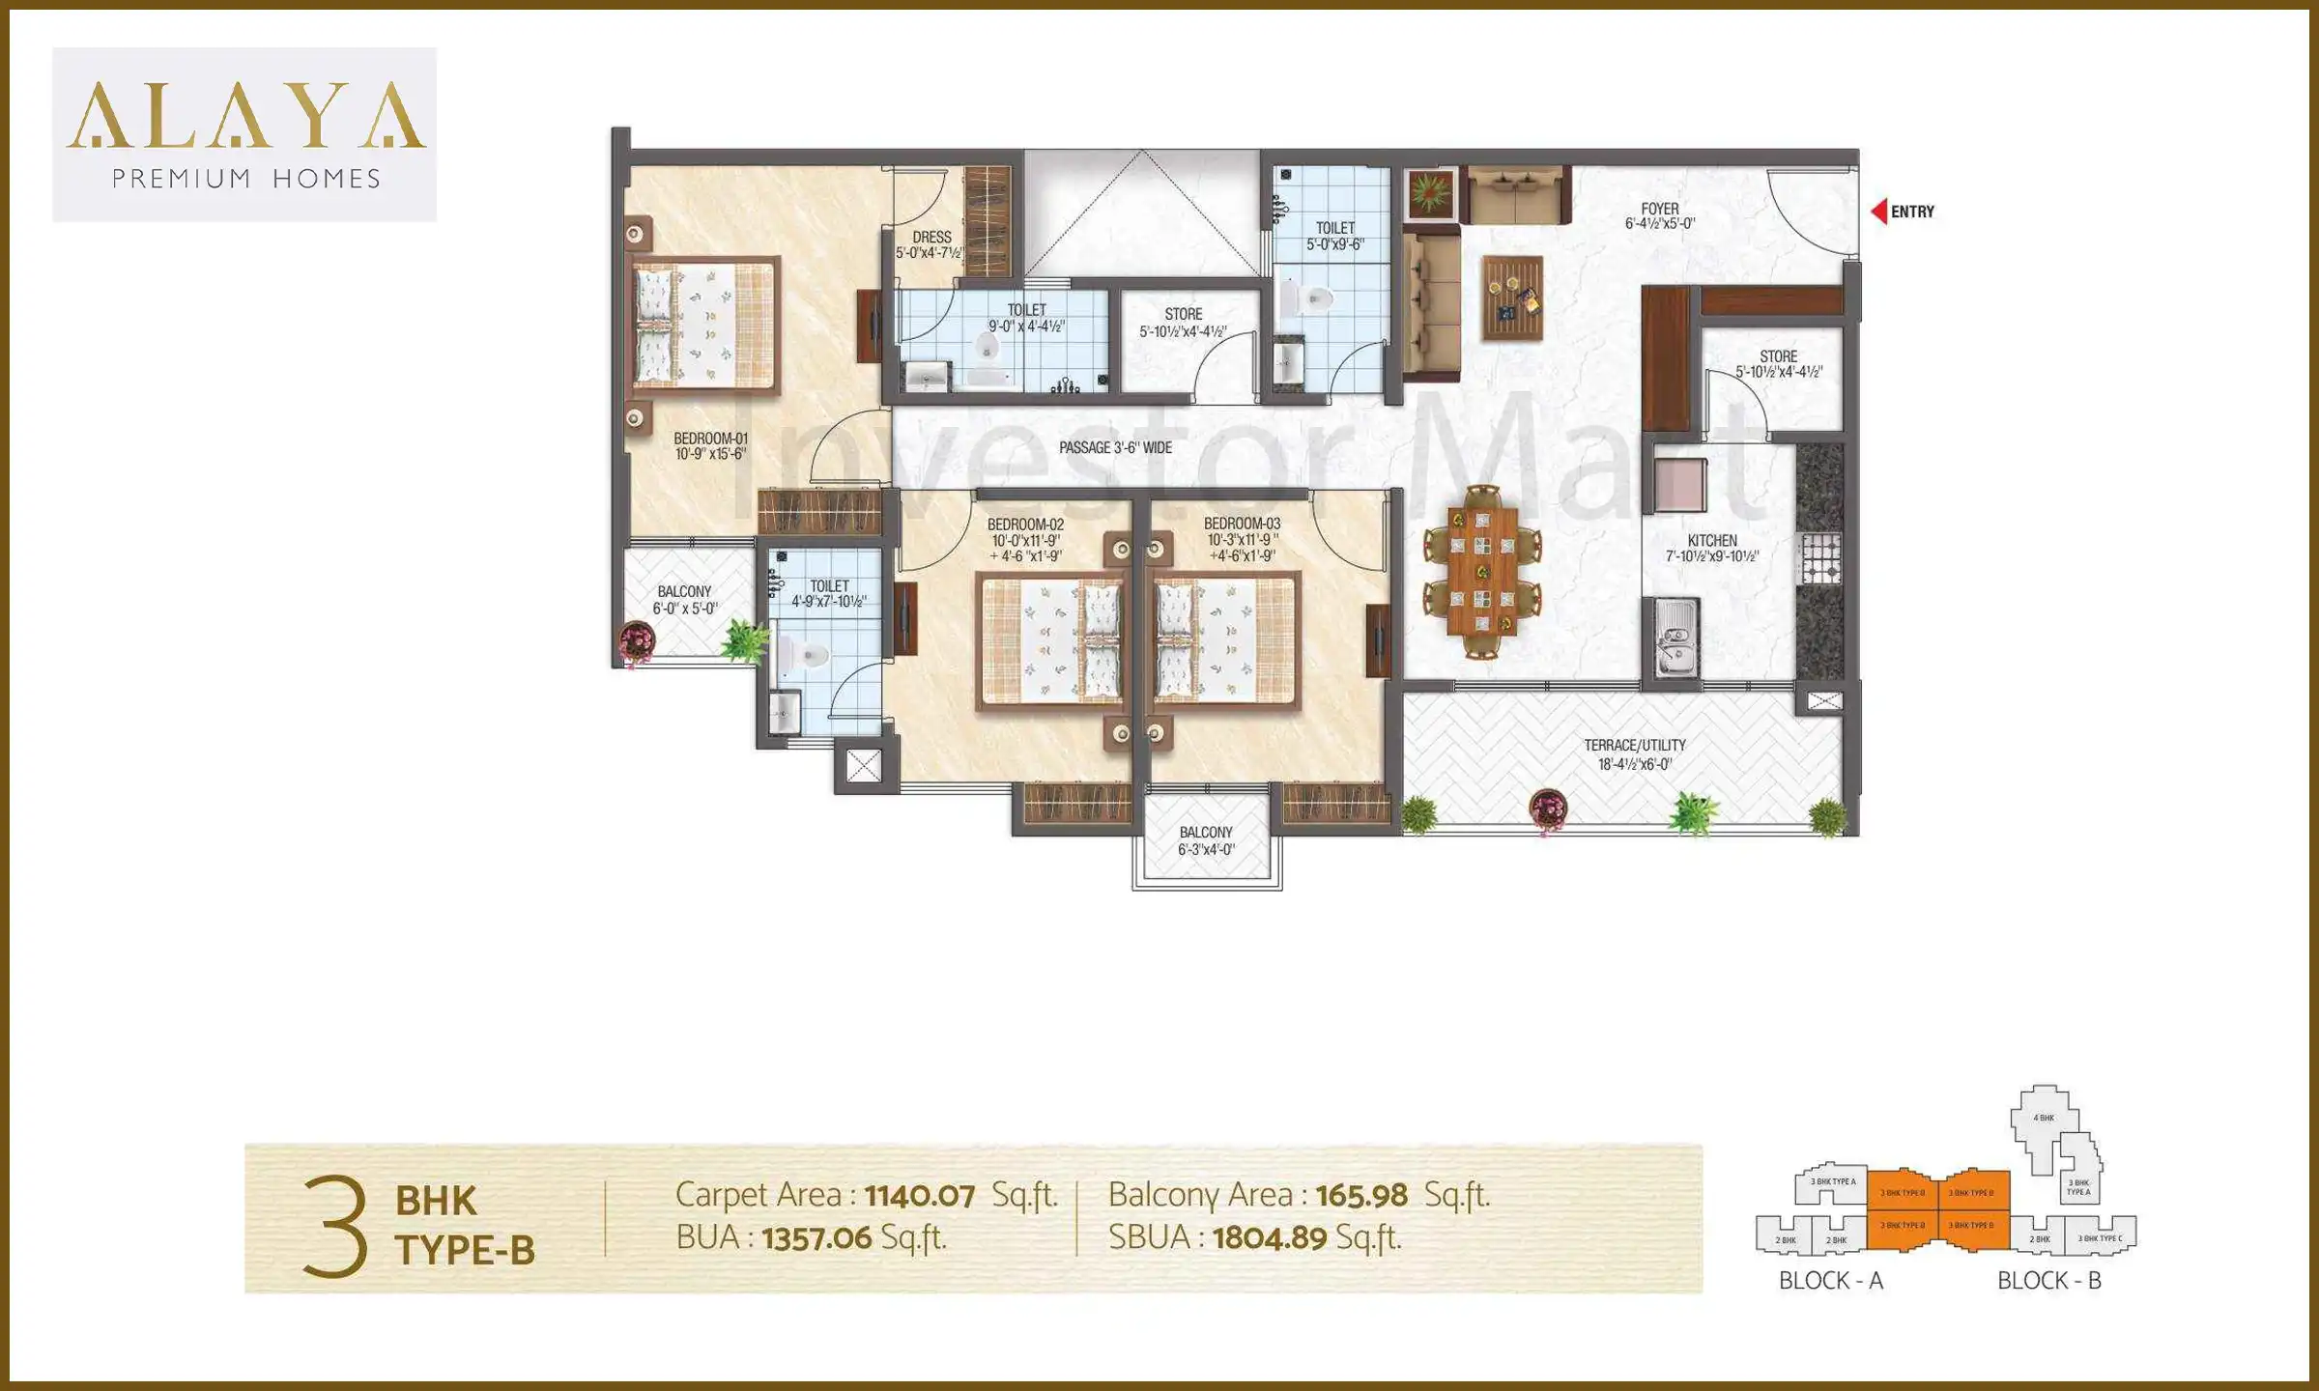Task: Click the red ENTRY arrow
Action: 1878,211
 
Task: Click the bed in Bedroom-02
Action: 1051,641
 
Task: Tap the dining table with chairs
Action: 1481,572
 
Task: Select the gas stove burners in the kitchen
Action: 1820,558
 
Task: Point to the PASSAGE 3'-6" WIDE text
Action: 1115,447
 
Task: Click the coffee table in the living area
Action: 1512,297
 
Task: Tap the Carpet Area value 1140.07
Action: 919,1196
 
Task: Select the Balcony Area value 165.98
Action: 1360,1196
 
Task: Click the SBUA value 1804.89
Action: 1269,1237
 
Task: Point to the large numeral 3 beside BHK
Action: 334,1226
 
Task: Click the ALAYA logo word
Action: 245,116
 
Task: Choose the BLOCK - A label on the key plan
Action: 1830,1280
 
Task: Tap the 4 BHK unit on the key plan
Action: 2043,1118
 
